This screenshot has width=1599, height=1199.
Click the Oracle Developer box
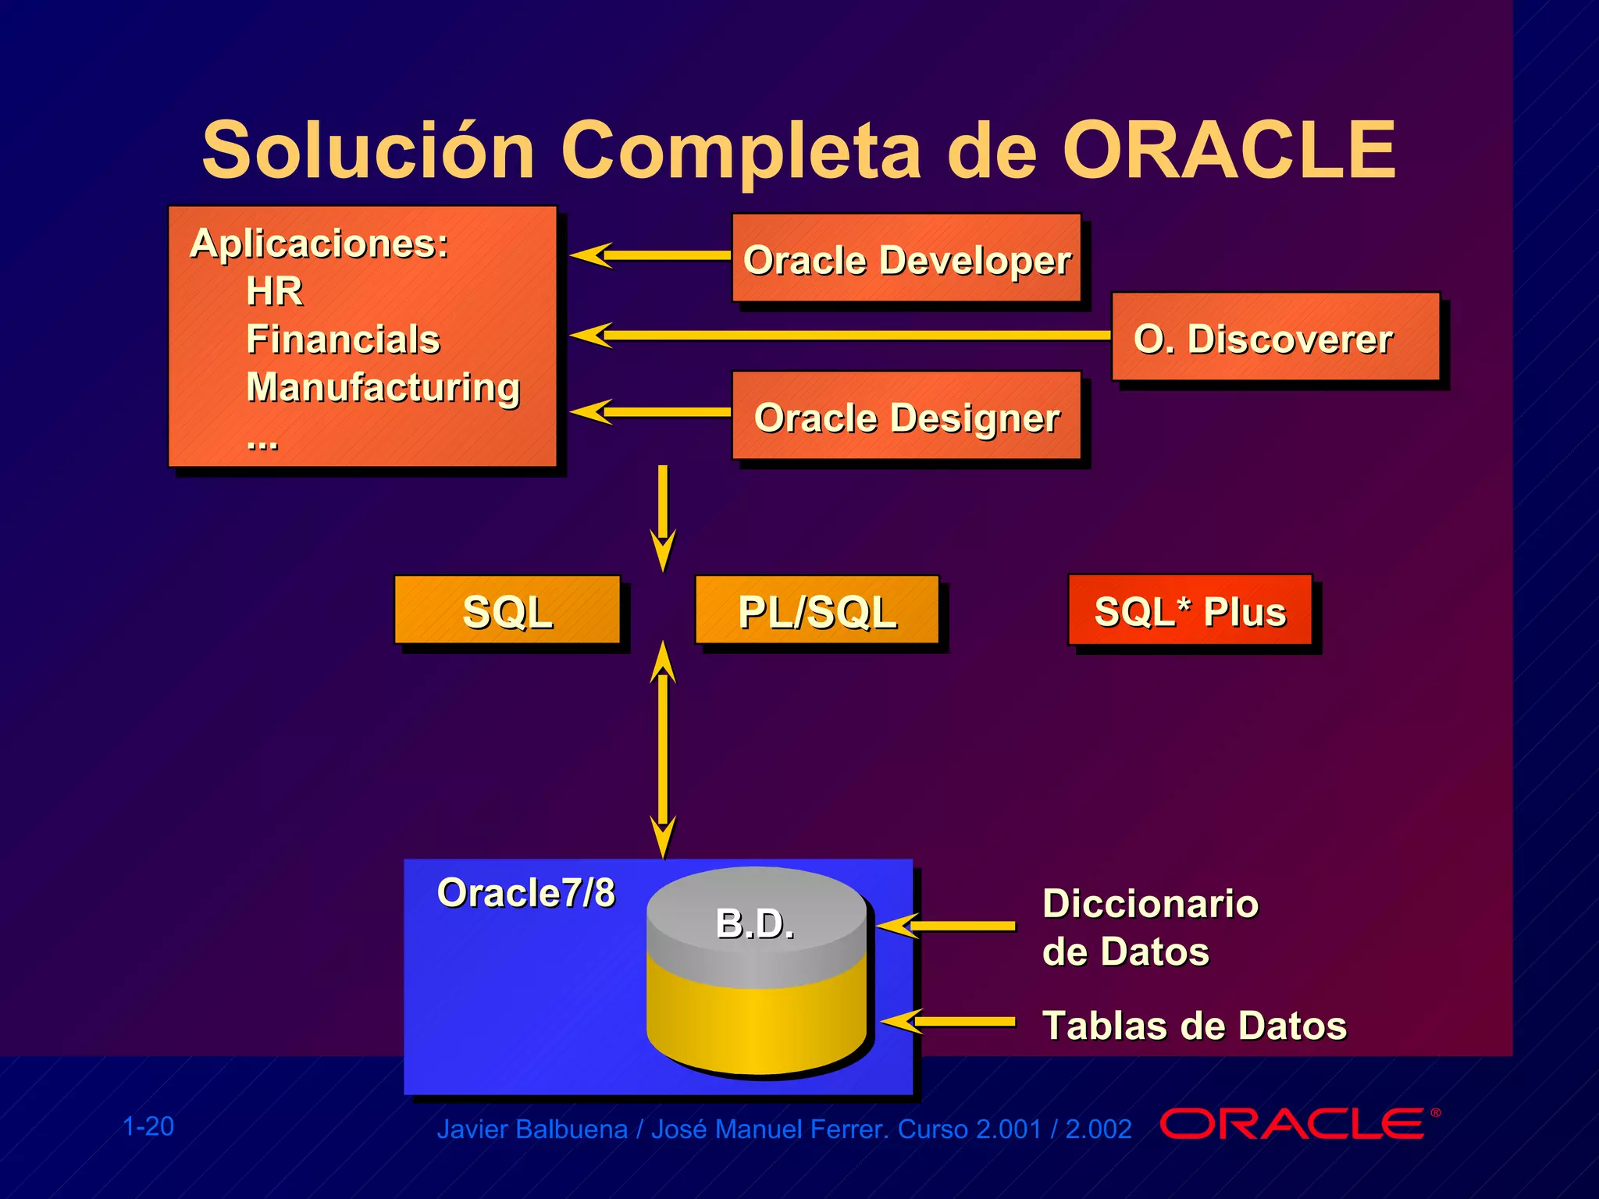[x=906, y=258]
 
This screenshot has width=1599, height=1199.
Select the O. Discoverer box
[x=1274, y=337]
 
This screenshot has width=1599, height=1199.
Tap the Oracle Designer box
[x=906, y=416]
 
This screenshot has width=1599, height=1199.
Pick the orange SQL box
[x=507, y=610]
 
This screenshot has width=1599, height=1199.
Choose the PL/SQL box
[x=817, y=610]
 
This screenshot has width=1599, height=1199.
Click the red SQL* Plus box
[x=1189, y=610]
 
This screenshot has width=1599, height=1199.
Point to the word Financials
[x=344, y=340]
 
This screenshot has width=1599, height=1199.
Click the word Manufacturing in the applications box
[x=383, y=387]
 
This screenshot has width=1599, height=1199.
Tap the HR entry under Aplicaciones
[x=274, y=291]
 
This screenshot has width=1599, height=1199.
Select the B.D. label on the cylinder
[x=755, y=923]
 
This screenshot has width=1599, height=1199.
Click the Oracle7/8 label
[x=525, y=892]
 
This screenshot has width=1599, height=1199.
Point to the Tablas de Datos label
[x=1195, y=1025]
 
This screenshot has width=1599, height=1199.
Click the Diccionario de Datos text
[x=1149, y=927]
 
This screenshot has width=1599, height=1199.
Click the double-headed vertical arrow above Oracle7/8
[x=663, y=749]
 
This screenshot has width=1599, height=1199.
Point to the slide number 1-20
[x=148, y=1126]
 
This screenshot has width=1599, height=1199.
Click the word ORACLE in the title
[x=1229, y=150]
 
